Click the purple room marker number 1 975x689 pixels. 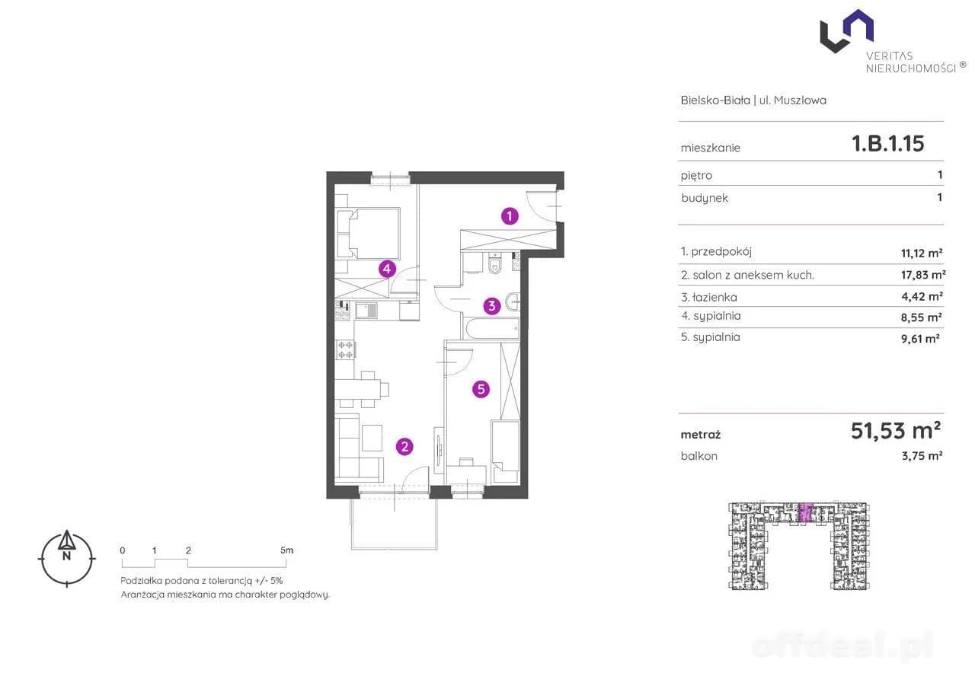[x=510, y=215]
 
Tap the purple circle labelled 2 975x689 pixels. [x=404, y=446]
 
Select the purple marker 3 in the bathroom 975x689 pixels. [x=492, y=306]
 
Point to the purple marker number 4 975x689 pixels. [x=387, y=269]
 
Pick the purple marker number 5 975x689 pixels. [x=481, y=389]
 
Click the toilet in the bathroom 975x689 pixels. [x=495, y=263]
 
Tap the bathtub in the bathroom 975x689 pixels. [x=492, y=329]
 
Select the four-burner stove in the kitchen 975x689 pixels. [x=346, y=350]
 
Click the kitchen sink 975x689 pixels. [x=366, y=311]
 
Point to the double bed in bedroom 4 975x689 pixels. [x=369, y=234]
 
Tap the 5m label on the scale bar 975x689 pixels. [x=287, y=550]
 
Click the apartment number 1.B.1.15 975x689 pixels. [x=887, y=144]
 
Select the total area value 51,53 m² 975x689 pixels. [x=896, y=431]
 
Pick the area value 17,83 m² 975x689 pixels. [x=922, y=275]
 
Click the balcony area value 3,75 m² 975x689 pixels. [x=922, y=456]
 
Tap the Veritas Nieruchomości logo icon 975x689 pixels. [x=846, y=31]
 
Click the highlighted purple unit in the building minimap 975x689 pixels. [x=806, y=512]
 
